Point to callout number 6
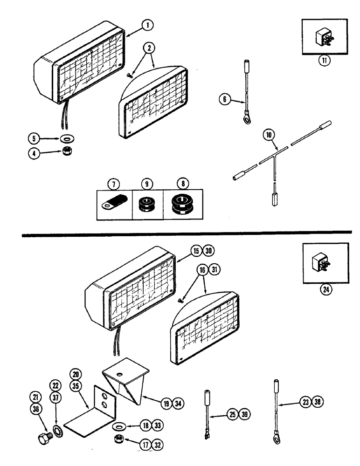(225, 99)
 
